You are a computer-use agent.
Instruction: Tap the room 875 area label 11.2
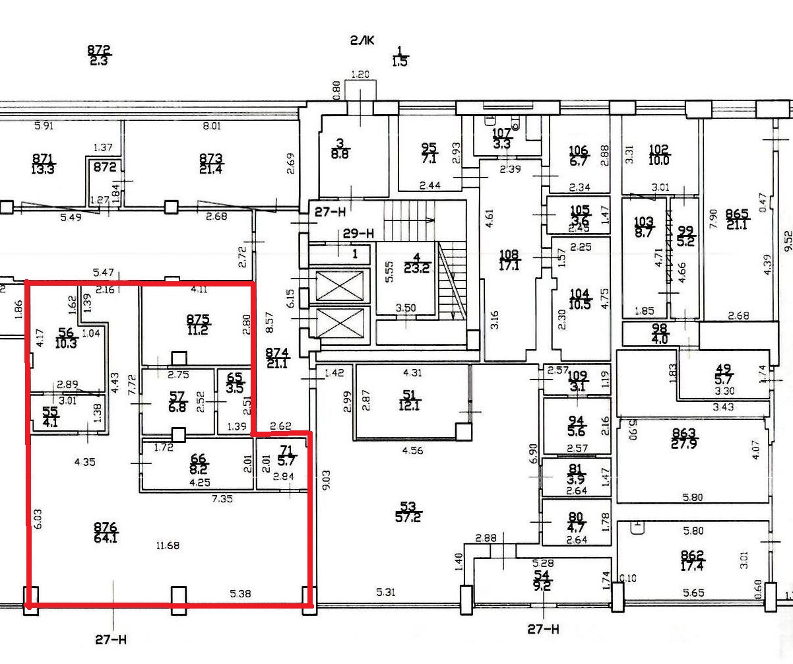point(197,331)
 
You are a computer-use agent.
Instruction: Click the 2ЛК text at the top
point(362,41)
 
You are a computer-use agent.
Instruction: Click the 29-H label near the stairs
point(358,233)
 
